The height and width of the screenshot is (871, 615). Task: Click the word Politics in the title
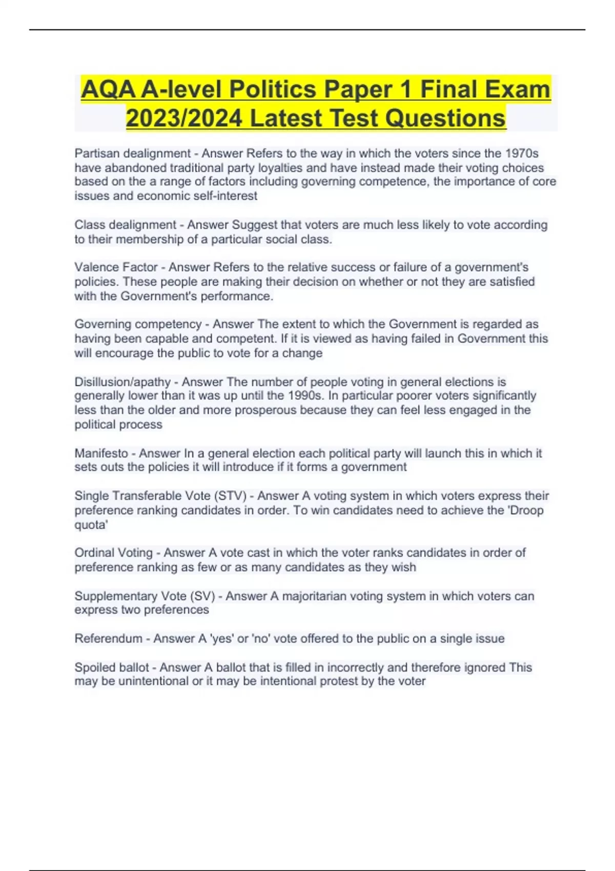[272, 90]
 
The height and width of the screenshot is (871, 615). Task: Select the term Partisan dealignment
[132, 153]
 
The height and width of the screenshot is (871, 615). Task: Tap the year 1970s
[522, 153]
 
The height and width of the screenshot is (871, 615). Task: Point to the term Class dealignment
[125, 225]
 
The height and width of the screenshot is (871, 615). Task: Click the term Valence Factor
[116, 267]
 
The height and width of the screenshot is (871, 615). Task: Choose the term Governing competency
[138, 324]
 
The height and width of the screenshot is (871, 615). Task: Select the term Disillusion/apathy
[122, 382]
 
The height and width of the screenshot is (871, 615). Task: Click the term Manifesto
[101, 453]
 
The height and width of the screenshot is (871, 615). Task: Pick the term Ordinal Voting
[113, 553]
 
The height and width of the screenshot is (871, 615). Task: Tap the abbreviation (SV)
[202, 596]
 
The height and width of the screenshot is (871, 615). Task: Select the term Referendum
[108, 638]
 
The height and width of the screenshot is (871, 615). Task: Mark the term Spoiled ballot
[112, 667]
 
